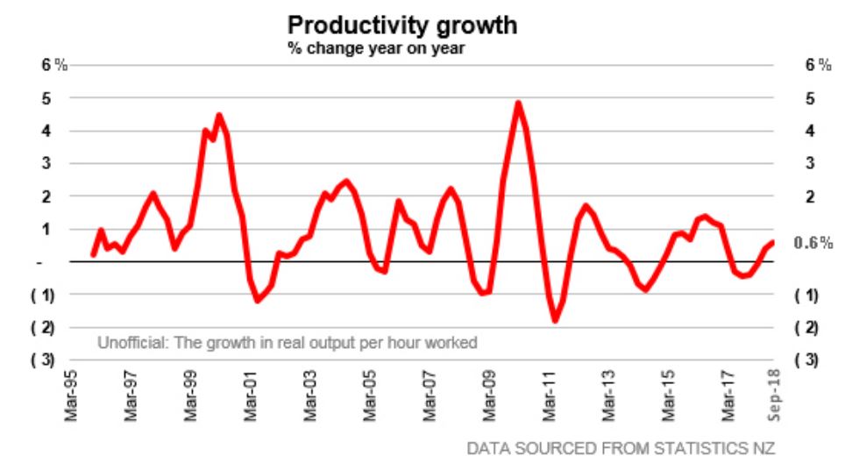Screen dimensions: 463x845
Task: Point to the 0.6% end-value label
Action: pyautogui.click(x=813, y=244)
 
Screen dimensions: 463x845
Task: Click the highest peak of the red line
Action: pyautogui.click(x=518, y=103)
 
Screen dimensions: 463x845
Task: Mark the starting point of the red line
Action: pyautogui.click(x=93, y=255)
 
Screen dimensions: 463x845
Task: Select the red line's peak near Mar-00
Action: pyautogui.click(x=219, y=115)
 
